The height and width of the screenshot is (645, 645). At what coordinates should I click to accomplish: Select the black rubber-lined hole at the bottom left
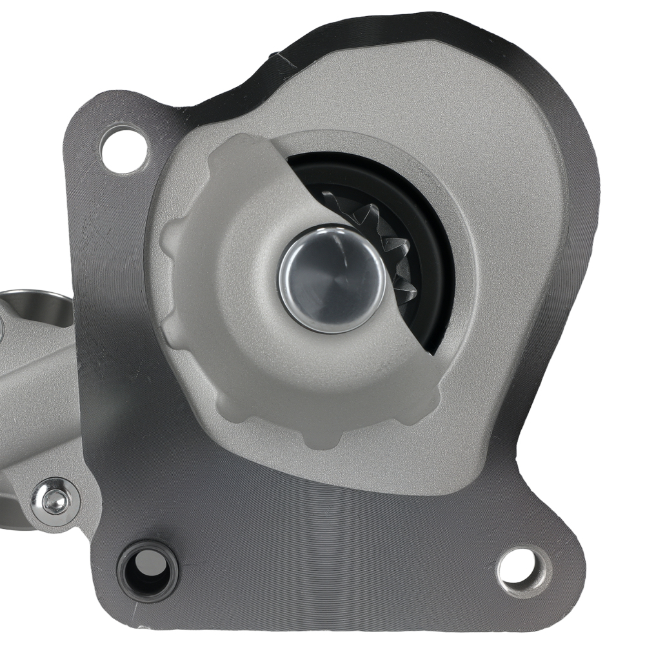pos(148,570)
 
